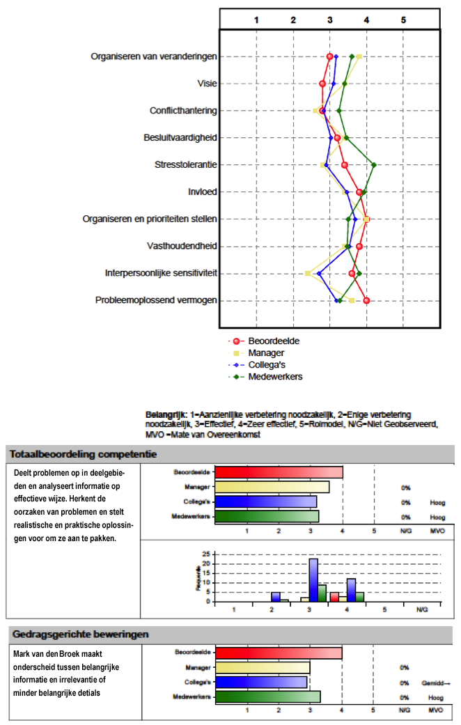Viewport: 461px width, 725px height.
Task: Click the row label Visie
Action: [x=207, y=84]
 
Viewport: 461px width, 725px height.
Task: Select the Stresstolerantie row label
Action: [x=185, y=165]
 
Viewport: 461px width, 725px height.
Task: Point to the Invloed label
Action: [x=202, y=192]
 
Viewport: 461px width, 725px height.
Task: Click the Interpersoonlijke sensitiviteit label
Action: [x=160, y=273]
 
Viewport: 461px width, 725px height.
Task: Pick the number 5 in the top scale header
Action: [x=403, y=20]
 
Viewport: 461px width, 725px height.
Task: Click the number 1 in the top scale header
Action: [x=256, y=20]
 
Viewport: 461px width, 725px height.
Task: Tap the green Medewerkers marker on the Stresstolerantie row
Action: [x=374, y=165]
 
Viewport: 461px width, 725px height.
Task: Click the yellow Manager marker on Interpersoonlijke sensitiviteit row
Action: [x=308, y=273]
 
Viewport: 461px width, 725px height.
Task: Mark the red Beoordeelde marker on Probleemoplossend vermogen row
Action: [x=366, y=300]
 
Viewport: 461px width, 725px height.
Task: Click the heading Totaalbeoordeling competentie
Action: [x=83, y=454]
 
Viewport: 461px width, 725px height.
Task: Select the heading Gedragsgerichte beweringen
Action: [x=79, y=634]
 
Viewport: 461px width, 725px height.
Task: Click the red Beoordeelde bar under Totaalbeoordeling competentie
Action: [x=279, y=472]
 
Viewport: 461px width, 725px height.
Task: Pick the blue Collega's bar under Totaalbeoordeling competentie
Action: [x=265, y=501]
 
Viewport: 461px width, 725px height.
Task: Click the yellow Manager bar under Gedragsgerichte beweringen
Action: [x=263, y=667]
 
